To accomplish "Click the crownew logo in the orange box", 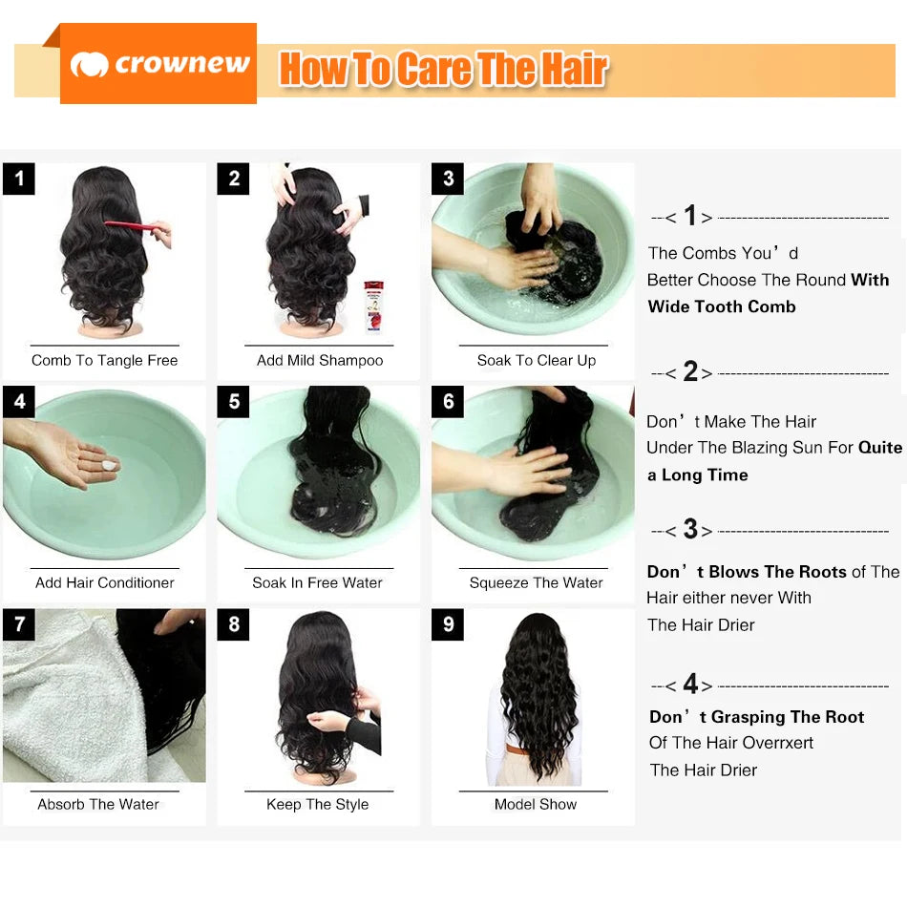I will click(x=158, y=65).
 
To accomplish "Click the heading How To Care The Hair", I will click(x=443, y=71).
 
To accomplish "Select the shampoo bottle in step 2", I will click(x=373, y=306).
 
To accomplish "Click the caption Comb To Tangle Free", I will click(x=105, y=361).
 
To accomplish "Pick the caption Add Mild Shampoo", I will click(x=320, y=361).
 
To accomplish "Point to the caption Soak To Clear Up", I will click(x=536, y=361).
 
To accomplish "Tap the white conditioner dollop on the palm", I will click(x=109, y=465).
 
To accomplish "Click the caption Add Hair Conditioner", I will click(x=105, y=582).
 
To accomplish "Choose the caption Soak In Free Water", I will click(x=318, y=582).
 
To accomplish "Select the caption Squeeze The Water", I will click(x=536, y=582).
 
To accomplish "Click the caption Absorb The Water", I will click(x=98, y=804).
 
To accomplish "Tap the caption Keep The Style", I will click(x=318, y=804).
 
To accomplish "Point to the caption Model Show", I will click(x=536, y=804).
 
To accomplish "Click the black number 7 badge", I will click(x=19, y=625).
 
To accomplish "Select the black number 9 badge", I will click(x=448, y=625).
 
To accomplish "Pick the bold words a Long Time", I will click(x=698, y=475).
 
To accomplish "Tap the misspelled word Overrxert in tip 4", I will click(x=772, y=743).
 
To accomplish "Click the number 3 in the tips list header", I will click(x=691, y=530).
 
